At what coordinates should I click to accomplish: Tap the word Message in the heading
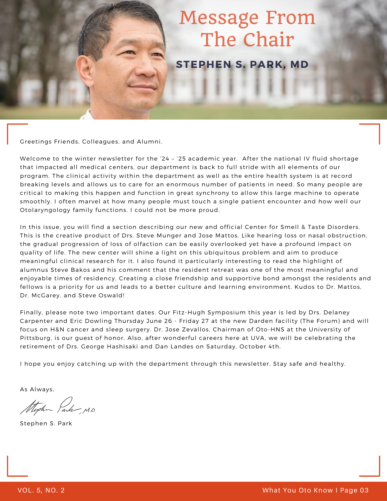219,18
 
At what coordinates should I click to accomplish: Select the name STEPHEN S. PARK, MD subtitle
242,64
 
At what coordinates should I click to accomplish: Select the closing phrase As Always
37,389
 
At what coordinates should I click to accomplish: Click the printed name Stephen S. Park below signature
46,423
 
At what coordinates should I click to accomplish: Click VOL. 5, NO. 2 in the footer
41,490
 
